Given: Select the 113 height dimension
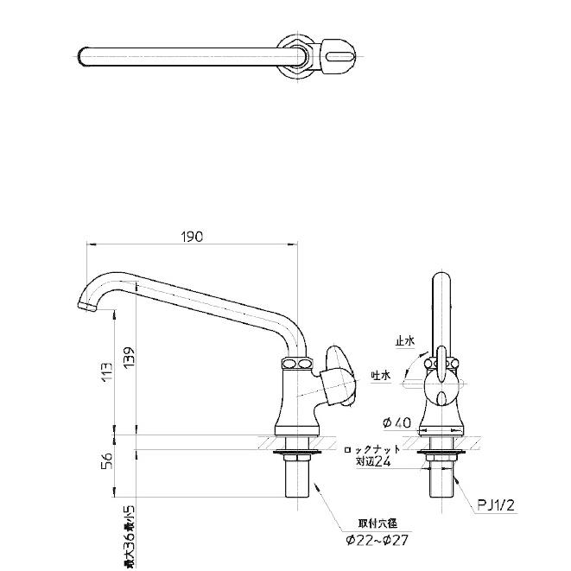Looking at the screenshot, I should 104,372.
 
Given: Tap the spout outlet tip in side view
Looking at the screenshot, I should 86,308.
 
